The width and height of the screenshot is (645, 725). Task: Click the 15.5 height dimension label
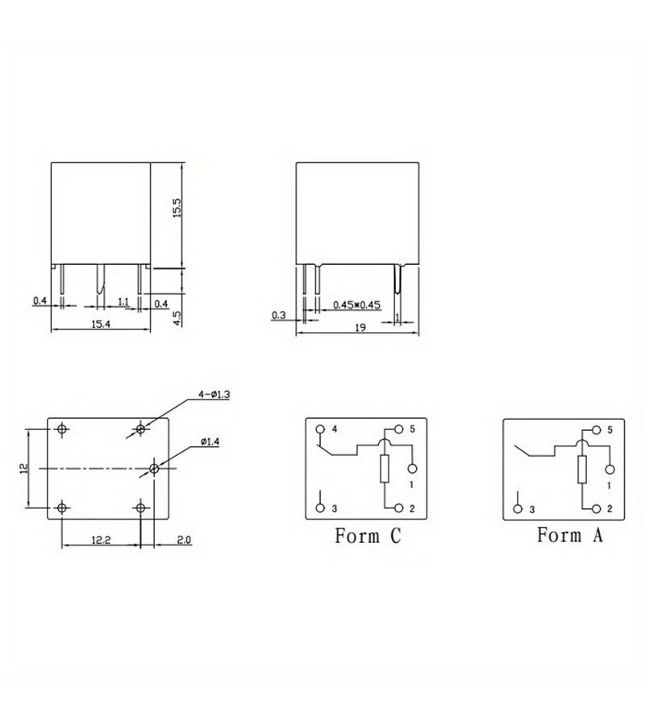tap(177, 208)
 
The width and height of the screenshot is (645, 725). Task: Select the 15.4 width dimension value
tap(101, 324)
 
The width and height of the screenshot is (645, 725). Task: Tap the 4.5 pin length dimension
tap(177, 317)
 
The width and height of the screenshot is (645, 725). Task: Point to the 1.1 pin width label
tap(123, 302)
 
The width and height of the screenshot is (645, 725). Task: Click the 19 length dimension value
tap(360, 327)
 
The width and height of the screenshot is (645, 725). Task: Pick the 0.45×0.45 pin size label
tap(356, 304)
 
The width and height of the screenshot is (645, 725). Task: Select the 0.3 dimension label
tap(278, 315)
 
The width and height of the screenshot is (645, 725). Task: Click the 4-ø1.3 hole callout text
tap(214, 395)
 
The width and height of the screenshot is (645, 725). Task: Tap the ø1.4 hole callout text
tap(210, 442)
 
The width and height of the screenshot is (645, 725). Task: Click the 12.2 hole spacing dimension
tap(101, 540)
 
